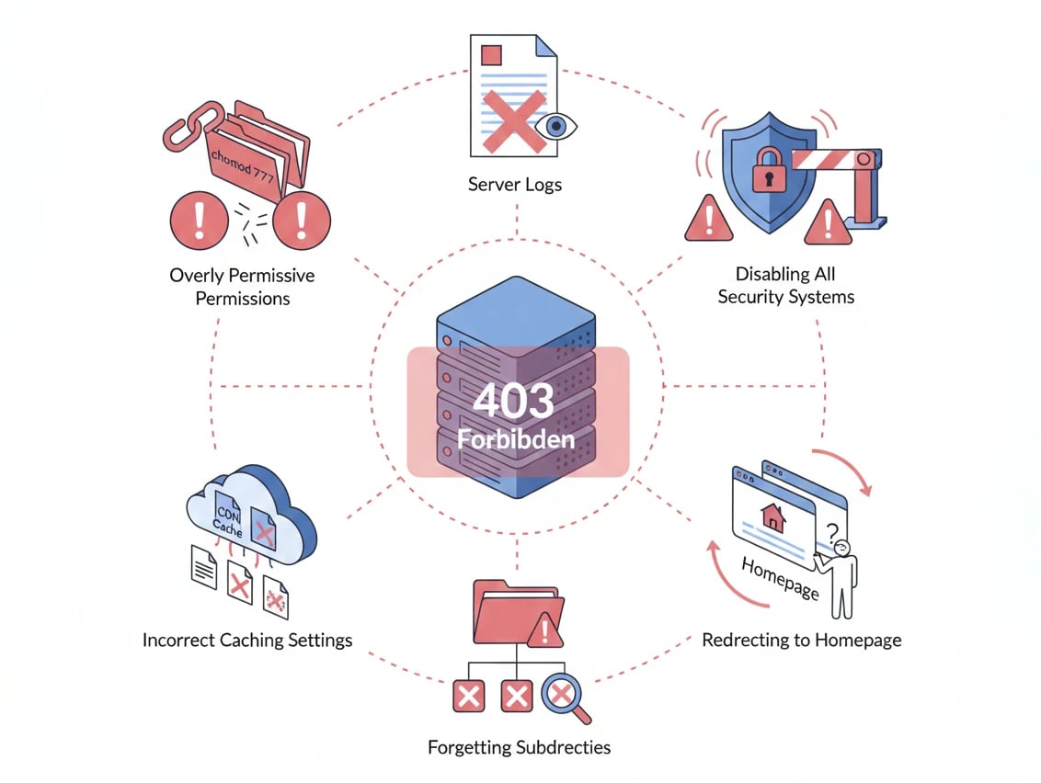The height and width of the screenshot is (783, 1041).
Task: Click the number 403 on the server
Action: click(514, 402)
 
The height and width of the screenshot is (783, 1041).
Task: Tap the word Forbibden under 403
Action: click(516, 438)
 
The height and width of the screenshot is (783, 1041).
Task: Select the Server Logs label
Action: click(515, 184)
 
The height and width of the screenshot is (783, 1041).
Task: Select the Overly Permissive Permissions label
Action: click(242, 287)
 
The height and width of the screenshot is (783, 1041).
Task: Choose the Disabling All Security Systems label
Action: click(785, 285)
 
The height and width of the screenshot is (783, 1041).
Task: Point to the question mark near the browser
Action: click(833, 531)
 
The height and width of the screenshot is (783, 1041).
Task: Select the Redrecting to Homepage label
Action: click(801, 640)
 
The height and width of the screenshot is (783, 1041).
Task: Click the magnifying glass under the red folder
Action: click(563, 696)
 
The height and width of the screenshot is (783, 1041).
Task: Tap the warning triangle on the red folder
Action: click(549, 630)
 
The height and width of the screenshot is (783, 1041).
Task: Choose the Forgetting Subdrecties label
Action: click(519, 746)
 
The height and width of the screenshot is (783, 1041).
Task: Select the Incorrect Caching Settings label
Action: click(247, 640)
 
